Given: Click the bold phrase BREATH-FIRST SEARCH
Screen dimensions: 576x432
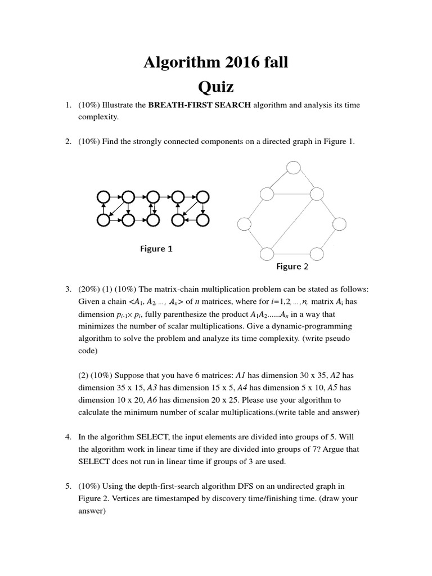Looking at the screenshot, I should pos(200,105).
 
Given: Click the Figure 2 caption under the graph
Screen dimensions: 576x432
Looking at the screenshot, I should pos(292,267).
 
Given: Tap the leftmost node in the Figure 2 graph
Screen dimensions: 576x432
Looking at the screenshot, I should pos(245,223).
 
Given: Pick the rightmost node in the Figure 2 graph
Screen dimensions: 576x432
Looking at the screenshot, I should pos(340,223).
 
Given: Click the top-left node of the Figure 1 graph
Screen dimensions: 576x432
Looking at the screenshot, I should pos(103,197).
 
